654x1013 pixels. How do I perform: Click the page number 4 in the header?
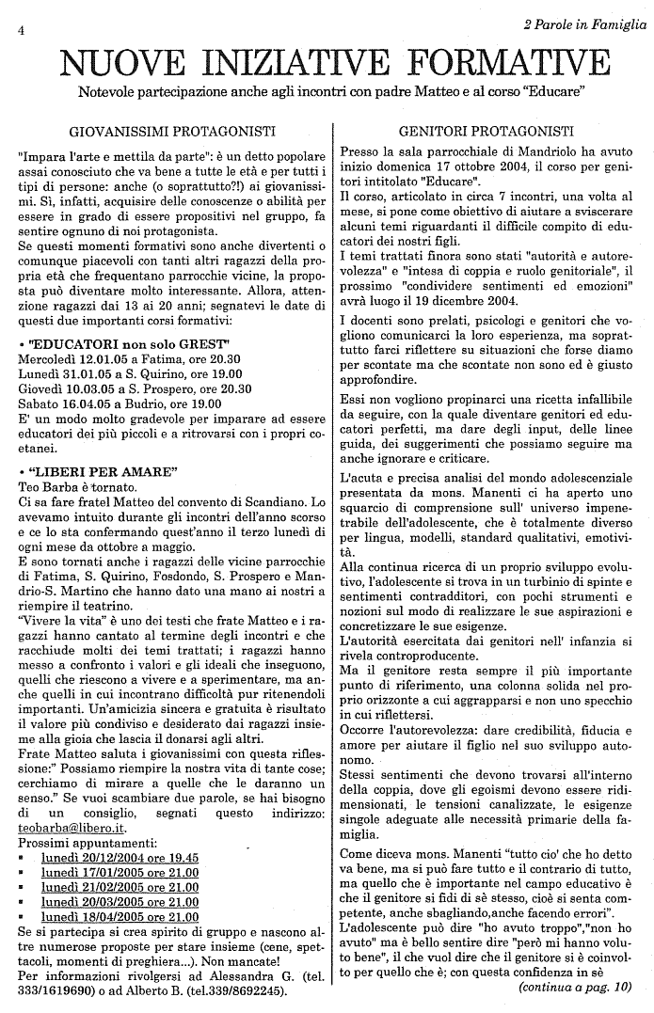(20, 30)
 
